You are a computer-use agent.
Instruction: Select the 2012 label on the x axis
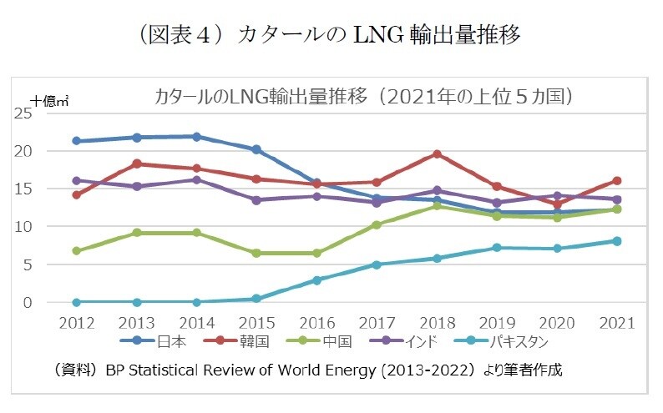point(76,323)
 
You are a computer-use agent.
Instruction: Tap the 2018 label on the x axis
point(437,323)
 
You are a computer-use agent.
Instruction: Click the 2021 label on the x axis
point(617,323)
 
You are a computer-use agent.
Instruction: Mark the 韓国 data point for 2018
point(437,154)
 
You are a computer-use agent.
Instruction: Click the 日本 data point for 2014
point(196,137)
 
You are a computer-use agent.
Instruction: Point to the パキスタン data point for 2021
point(617,241)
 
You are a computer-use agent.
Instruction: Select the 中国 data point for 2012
point(76,250)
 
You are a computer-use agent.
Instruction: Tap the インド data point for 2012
point(76,180)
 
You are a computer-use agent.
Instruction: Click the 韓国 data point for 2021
point(617,180)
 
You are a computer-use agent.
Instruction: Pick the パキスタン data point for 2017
point(377,264)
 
